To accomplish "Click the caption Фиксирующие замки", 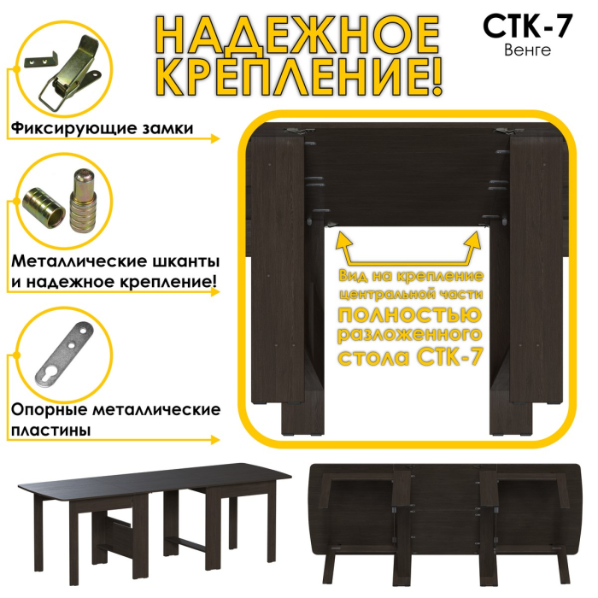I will pyautogui.click(x=101, y=129).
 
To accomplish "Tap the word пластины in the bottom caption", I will pyautogui.click(x=50, y=431).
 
